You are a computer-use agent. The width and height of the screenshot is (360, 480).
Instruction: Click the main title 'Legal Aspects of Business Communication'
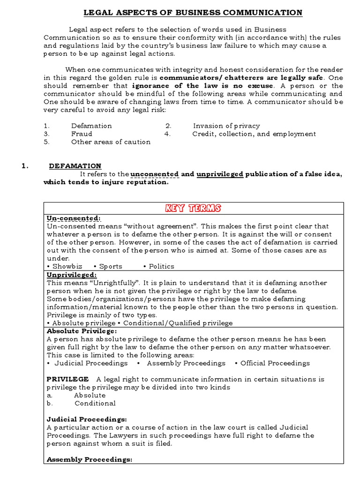point(193,13)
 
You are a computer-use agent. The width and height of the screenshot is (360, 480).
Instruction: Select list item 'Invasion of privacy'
point(226,126)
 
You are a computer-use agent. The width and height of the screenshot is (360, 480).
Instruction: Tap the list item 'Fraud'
point(82,134)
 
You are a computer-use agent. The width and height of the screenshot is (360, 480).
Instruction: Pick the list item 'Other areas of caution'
point(111,142)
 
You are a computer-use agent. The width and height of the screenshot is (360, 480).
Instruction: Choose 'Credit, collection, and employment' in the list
point(254,134)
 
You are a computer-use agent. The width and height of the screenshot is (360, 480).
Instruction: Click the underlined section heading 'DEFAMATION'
point(75,165)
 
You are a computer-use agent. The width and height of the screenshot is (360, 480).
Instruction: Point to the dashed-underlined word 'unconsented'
point(155,174)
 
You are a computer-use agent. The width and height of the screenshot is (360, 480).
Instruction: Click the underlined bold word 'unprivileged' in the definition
point(220,174)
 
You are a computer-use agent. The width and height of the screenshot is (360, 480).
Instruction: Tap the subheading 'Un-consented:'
point(74,218)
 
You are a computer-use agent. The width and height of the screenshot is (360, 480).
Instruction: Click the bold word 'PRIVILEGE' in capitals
point(68,379)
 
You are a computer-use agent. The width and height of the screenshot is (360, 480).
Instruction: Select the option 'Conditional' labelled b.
point(95,403)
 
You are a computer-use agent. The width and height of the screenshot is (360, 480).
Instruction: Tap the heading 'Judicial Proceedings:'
point(87,419)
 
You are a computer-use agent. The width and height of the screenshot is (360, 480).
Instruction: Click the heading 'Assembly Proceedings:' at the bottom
point(90,460)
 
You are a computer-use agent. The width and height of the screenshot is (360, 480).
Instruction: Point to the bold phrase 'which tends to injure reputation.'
point(105,182)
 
